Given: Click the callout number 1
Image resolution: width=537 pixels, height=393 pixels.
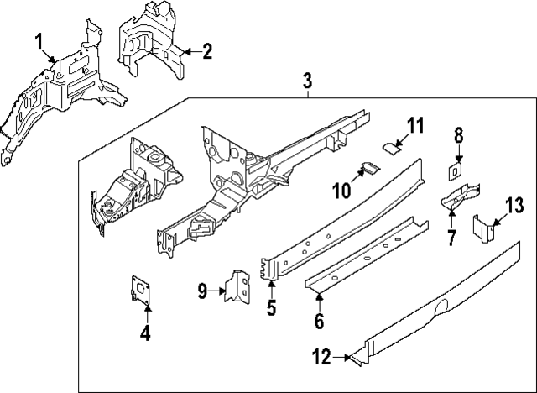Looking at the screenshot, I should click(39, 42).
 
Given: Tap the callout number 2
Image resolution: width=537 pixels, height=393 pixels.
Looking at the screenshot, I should click(206, 50).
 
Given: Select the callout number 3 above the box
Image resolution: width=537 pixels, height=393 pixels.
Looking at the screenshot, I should click(307, 81).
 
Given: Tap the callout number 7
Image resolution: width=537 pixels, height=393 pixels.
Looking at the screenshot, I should click(451, 238).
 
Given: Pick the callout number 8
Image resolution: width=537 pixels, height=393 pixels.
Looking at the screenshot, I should click(459, 135).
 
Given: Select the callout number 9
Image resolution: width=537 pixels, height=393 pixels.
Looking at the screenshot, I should click(201, 291).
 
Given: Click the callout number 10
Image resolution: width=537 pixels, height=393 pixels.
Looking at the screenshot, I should click(341, 191).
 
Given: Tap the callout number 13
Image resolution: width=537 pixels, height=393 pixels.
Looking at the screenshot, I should click(514, 205).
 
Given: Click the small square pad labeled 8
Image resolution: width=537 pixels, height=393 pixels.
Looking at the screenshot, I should click(453, 170).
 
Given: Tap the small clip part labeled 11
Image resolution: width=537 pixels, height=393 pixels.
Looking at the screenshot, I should click(390, 148).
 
